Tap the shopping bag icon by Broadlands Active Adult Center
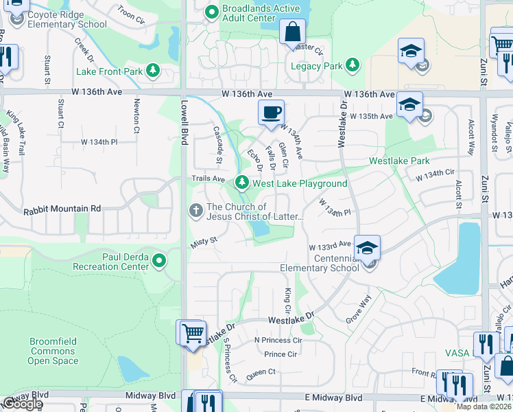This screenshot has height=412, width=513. click(292, 32)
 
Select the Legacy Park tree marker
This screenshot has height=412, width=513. click(353, 65)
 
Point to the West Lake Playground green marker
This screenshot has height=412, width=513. click(241, 183)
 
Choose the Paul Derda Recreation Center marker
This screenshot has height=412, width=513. click(159, 260)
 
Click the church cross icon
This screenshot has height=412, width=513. click(196, 211)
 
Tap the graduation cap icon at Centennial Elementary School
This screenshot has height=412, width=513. click(368, 249)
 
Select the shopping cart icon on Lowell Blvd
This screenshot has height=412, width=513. click(193, 333)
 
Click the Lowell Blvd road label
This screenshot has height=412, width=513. click(184, 118)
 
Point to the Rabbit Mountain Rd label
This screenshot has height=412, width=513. click(62, 209)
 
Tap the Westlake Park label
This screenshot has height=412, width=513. click(399, 161)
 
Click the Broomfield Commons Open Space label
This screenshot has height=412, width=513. click(53, 351)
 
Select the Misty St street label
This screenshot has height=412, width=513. click(204, 240)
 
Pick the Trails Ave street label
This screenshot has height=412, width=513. click(208, 179)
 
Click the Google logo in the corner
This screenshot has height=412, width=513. click(22, 404)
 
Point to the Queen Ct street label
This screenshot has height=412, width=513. click(261, 371)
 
